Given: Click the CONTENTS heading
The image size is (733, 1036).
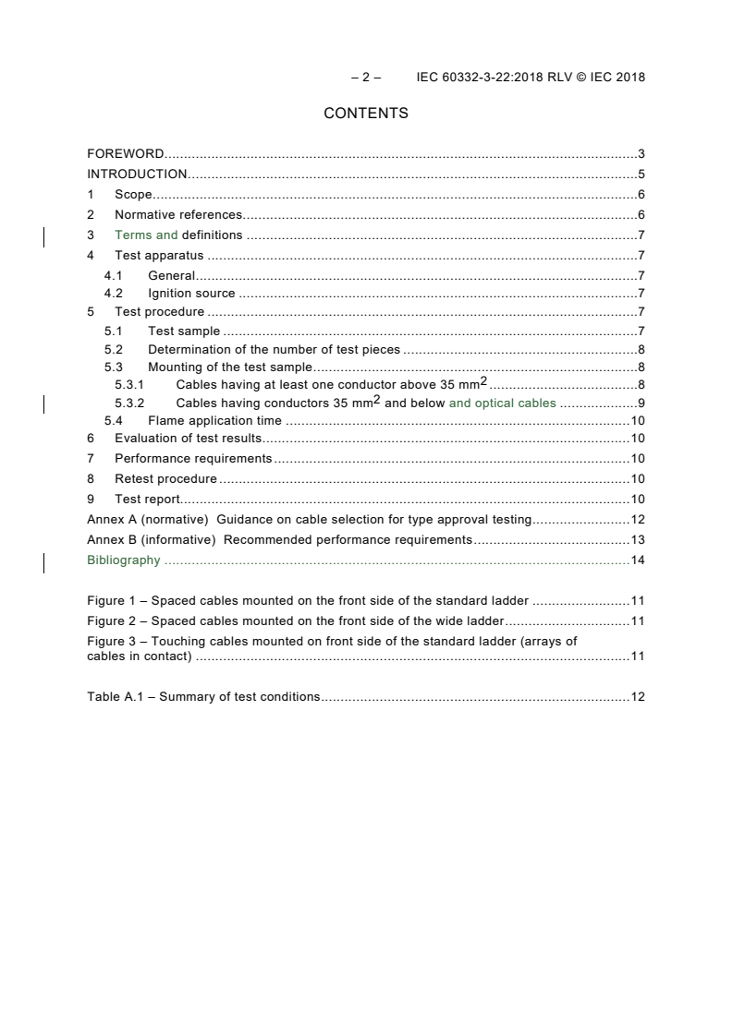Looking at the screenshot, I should point(366,114).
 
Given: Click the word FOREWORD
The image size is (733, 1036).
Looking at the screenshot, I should point(126,154).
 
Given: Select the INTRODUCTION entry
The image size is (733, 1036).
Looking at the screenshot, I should point(137,175).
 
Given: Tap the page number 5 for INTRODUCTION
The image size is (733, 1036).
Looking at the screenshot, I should point(641,175).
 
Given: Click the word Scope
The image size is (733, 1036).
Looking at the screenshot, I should point(133,195).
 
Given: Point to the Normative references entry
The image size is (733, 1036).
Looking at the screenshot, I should point(178,215).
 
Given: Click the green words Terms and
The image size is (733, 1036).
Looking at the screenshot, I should point(146,235).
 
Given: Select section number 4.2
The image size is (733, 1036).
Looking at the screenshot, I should point(113,295).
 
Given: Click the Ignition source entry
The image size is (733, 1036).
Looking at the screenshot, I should point(191,295).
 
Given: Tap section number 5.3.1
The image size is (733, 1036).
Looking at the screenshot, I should point(129,385).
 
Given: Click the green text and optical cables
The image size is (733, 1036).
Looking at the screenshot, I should point(502,404).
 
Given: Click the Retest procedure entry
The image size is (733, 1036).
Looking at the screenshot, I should point(165,479).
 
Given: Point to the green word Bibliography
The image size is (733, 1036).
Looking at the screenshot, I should point(123,560).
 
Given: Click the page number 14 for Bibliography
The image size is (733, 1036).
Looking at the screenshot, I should point(637,560).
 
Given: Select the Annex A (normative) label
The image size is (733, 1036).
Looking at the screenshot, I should point(148,520).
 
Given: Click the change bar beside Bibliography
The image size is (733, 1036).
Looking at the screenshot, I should point(44,562).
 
